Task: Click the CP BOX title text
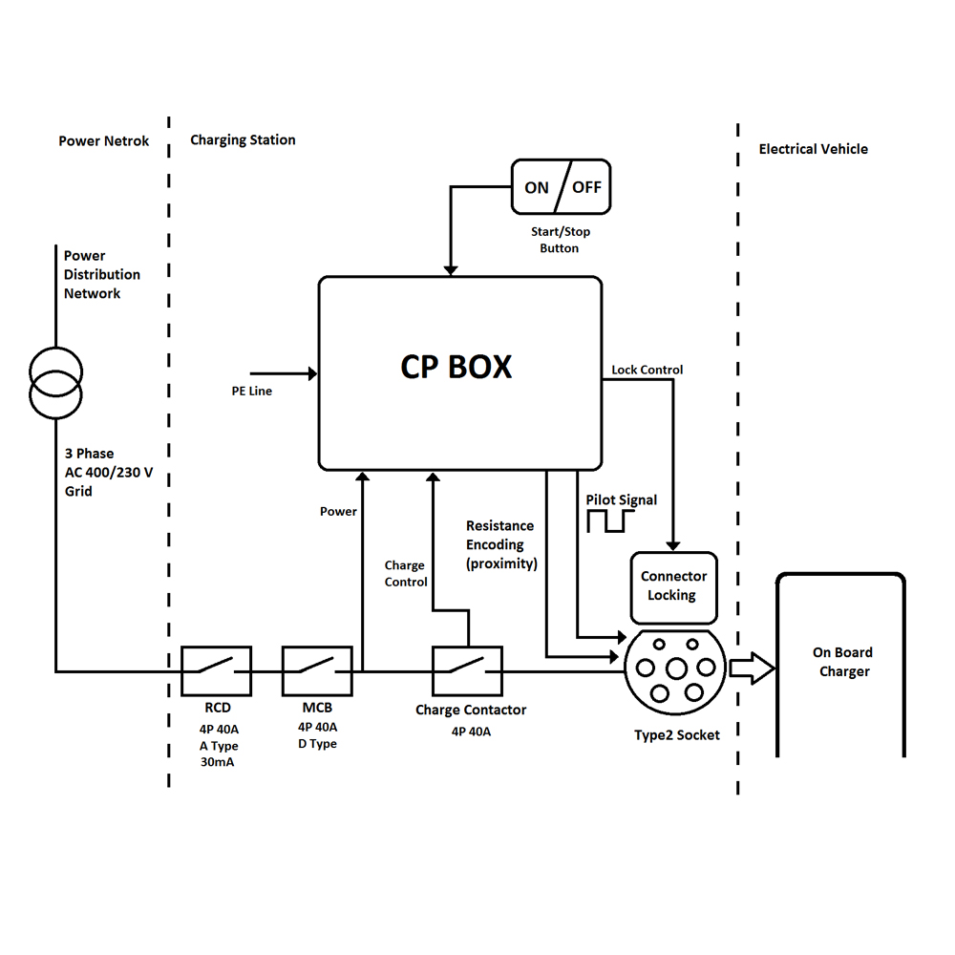[x=456, y=367]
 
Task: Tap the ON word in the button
[x=537, y=187]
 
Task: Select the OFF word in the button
[x=586, y=187]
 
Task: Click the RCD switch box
[x=216, y=670]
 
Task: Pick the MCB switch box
[x=317, y=670]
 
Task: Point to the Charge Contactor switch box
[x=467, y=670]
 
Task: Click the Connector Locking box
[x=673, y=587]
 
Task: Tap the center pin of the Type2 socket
[x=676, y=668]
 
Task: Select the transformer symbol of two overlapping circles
[x=55, y=383]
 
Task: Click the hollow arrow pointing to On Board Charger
[x=753, y=668]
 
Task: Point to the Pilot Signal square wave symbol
[x=610, y=521]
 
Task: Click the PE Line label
[x=251, y=391]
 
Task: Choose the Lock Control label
[x=647, y=370]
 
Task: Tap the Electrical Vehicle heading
[x=813, y=149]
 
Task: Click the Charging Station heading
[x=243, y=140]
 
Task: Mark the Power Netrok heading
[x=103, y=141]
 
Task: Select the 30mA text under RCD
[x=217, y=762]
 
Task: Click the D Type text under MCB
[x=317, y=744]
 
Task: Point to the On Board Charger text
[x=843, y=662]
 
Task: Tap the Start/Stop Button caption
[x=561, y=240]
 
